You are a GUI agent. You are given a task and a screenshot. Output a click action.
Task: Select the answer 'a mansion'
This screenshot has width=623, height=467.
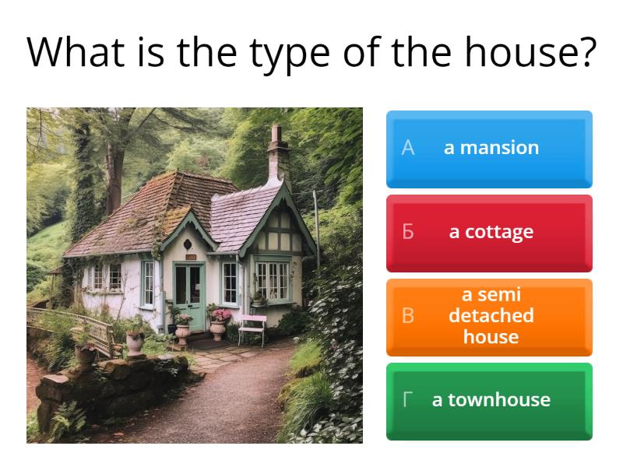[x=489, y=148]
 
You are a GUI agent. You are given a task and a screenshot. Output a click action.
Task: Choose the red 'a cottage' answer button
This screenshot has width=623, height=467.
[x=489, y=232]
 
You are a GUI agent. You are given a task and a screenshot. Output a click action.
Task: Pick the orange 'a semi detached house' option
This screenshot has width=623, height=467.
[x=489, y=316]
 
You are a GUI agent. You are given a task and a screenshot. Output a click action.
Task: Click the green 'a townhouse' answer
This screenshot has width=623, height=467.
[x=489, y=400]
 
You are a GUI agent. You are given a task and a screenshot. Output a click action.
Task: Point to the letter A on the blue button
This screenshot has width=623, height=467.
[x=407, y=148]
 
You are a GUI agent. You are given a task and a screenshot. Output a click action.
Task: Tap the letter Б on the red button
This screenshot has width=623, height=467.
[x=407, y=232]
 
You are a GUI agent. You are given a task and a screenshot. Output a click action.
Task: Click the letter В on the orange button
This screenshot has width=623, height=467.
[x=407, y=316]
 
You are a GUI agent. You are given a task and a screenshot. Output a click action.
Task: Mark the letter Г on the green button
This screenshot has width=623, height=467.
[x=407, y=400]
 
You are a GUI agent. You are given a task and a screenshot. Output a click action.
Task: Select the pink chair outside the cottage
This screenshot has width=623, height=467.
[x=252, y=327]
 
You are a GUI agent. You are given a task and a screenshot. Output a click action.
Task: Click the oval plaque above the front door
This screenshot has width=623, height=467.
[x=188, y=245]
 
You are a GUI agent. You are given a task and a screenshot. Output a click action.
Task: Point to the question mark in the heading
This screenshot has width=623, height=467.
[x=583, y=53]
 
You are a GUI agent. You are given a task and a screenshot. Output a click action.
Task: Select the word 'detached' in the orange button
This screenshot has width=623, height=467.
[x=491, y=316]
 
